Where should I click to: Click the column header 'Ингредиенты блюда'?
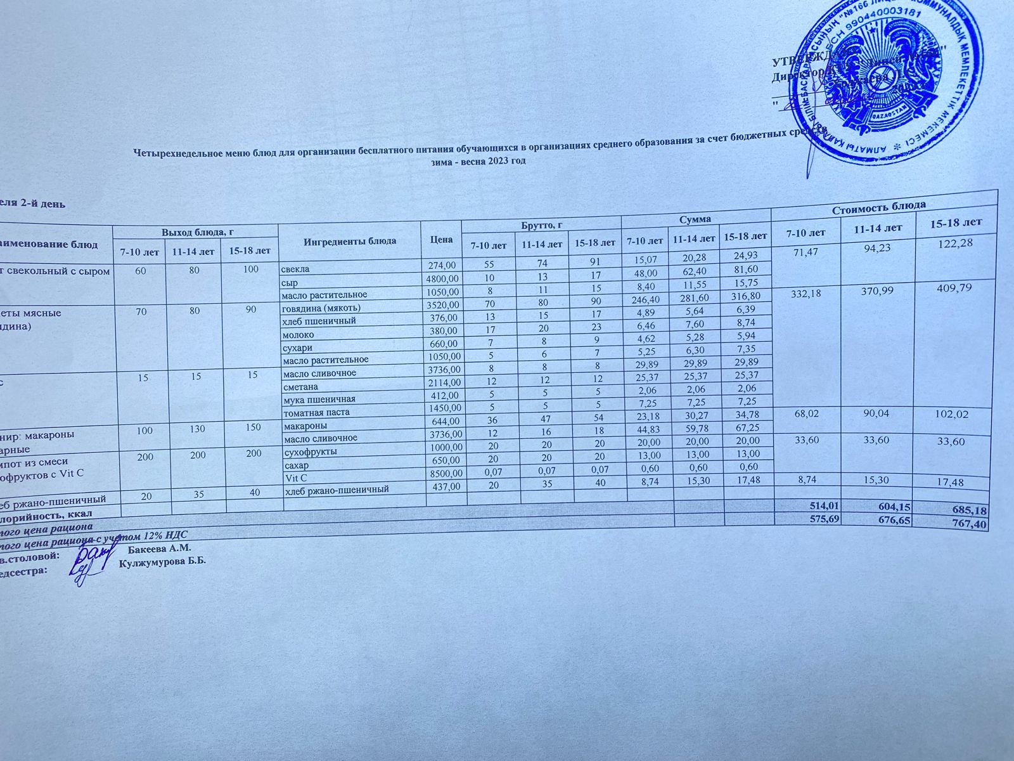(350, 241)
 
